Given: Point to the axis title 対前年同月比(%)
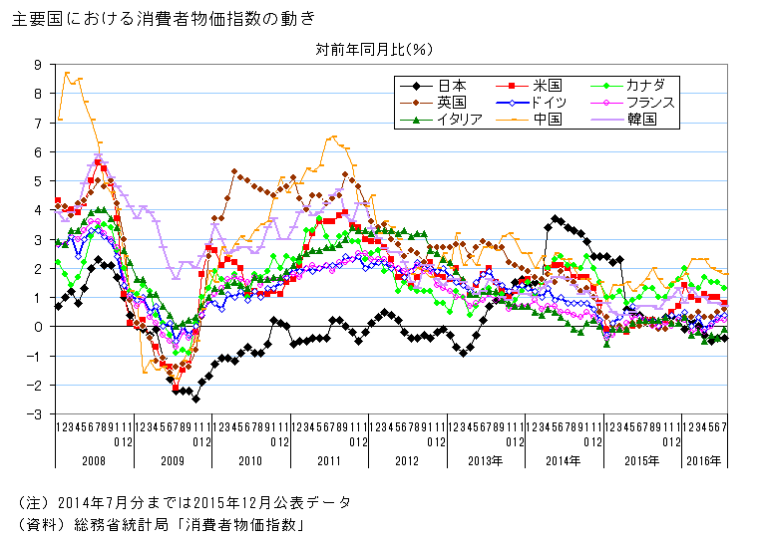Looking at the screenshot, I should [x=374, y=48].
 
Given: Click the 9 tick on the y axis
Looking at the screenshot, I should [x=38, y=65].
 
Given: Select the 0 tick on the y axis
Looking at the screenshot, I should [x=38, y=327].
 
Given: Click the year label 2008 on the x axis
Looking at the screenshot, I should [x=94, y=461].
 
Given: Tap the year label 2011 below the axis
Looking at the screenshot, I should [x=328, y=461].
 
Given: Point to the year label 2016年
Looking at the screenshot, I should [x=704, y=461].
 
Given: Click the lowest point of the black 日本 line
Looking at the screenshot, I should [x=195, y=399].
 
